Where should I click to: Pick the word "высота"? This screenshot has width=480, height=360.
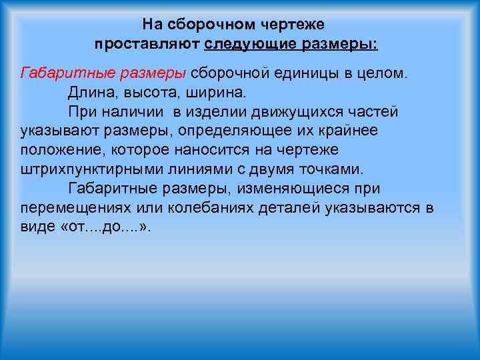pos(142,91)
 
